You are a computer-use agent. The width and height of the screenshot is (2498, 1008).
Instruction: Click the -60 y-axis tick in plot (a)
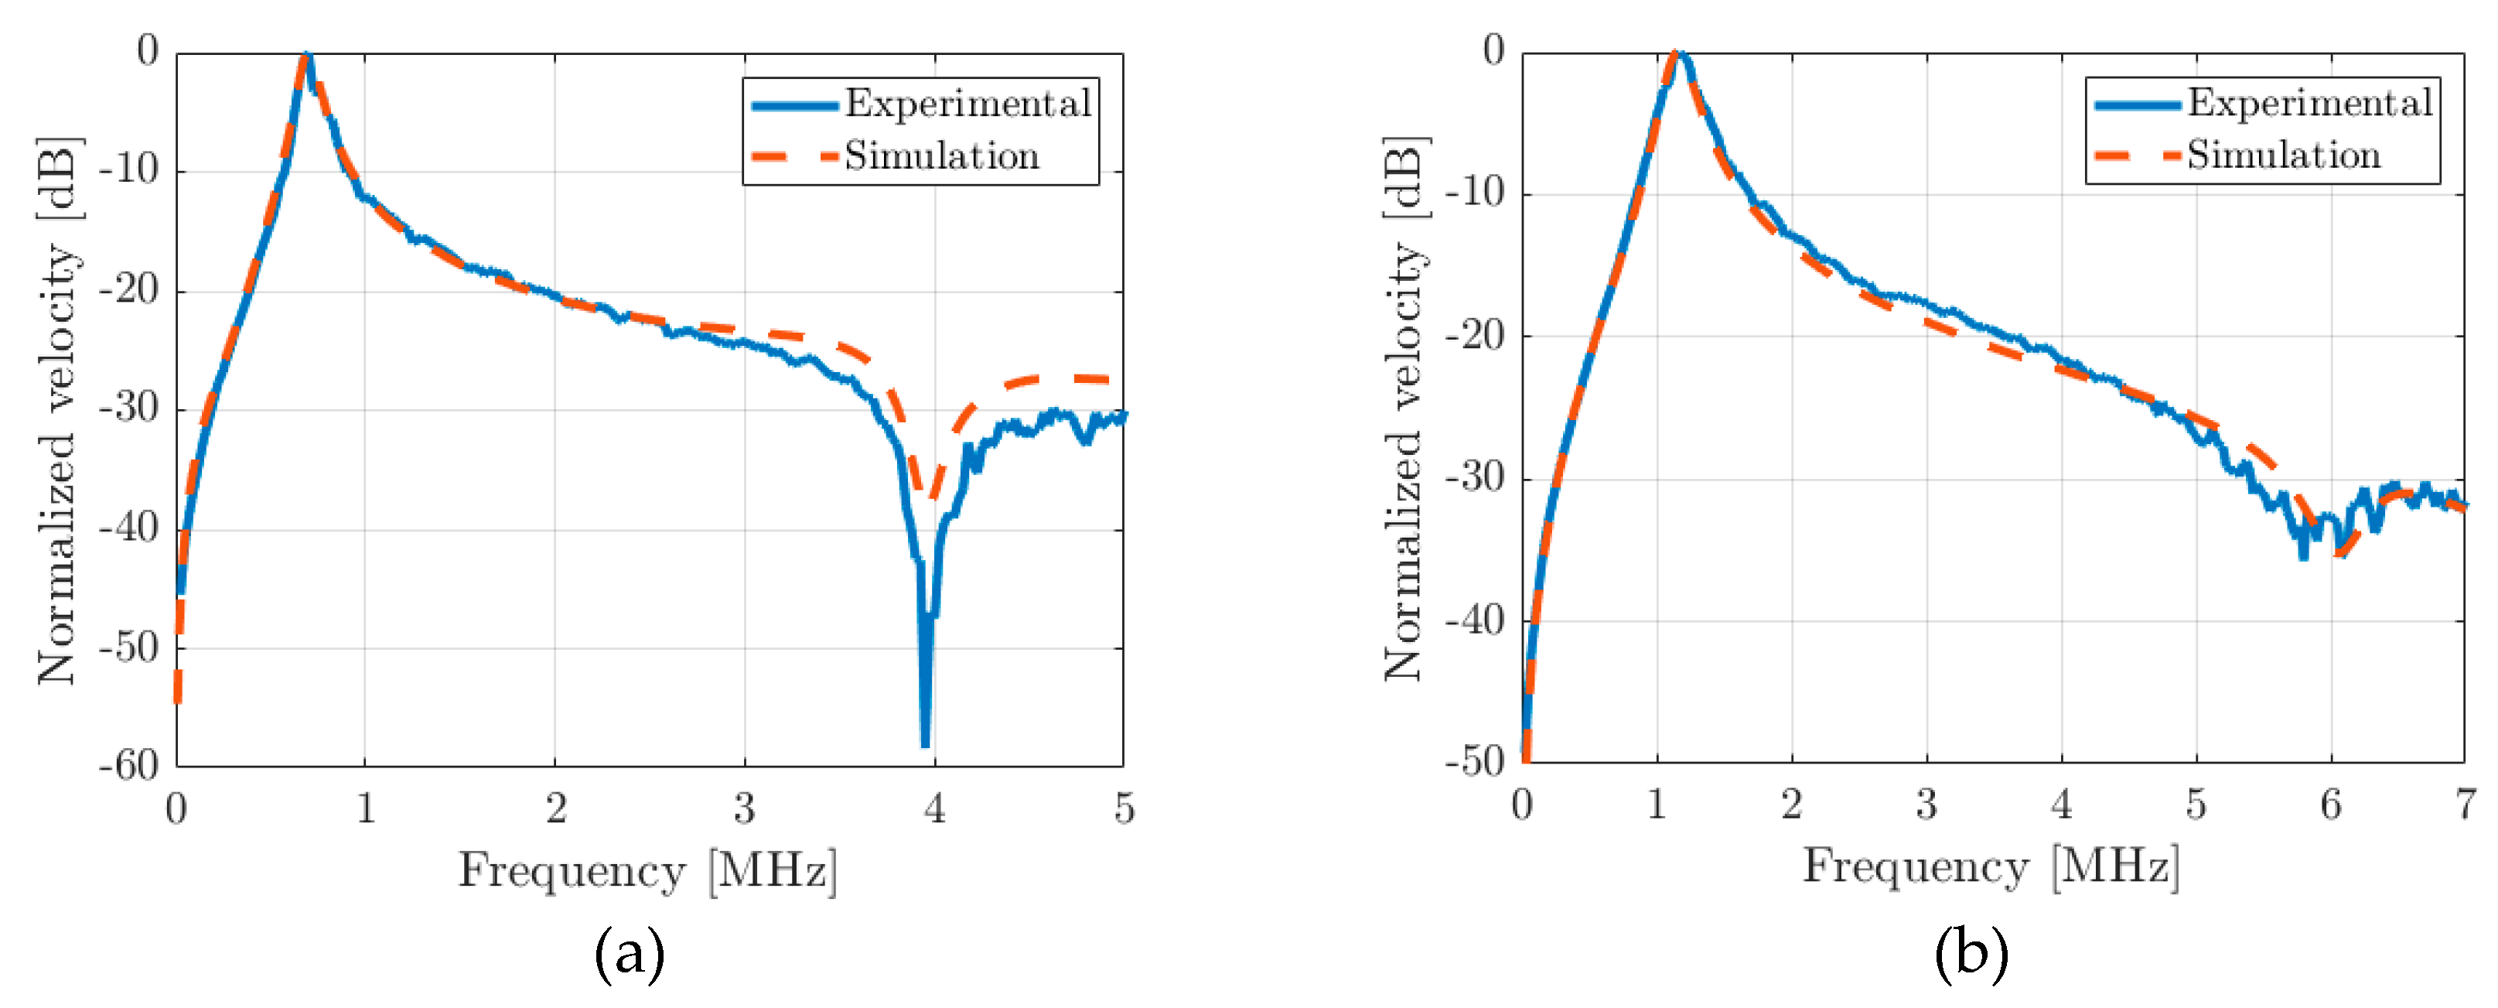tap(128, 767)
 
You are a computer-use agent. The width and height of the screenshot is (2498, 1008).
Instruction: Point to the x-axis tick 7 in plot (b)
tap(2465, 803)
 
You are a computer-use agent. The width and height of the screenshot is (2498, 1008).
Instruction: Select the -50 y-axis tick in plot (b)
tap(1474, 761)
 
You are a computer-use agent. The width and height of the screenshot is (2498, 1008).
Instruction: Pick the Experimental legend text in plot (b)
tap(2310, 103)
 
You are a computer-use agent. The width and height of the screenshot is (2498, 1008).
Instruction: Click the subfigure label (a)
tap(630, 954)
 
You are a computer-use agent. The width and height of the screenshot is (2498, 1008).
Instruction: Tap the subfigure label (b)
tap(1971, 954)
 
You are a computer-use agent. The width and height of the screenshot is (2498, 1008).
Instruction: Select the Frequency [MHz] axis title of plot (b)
tap(1991, 866)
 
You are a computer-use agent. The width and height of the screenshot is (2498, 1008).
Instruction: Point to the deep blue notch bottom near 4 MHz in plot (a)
tap(925, 743)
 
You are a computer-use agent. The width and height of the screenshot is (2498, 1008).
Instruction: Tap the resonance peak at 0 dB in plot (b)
tap(1677, 54)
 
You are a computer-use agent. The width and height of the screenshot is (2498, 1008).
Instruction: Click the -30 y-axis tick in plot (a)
tap(128, 408)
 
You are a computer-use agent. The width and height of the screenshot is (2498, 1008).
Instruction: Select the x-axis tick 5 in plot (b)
tap(2196, 803)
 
